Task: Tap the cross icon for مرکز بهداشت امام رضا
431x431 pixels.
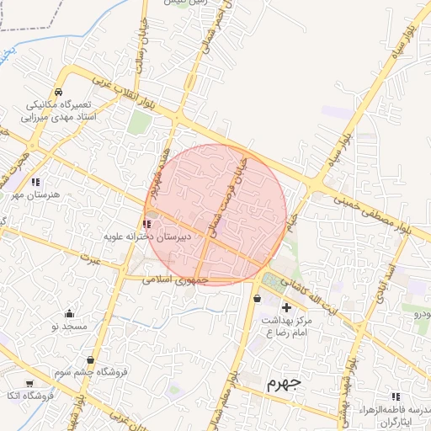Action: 287,307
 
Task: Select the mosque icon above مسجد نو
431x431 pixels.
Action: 69,314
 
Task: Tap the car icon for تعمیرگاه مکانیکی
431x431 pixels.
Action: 58,93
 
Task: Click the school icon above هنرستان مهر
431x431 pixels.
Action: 35,182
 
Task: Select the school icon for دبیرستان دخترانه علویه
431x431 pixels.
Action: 147,224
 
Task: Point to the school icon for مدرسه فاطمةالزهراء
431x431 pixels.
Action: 395,396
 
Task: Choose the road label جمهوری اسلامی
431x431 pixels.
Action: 169,279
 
